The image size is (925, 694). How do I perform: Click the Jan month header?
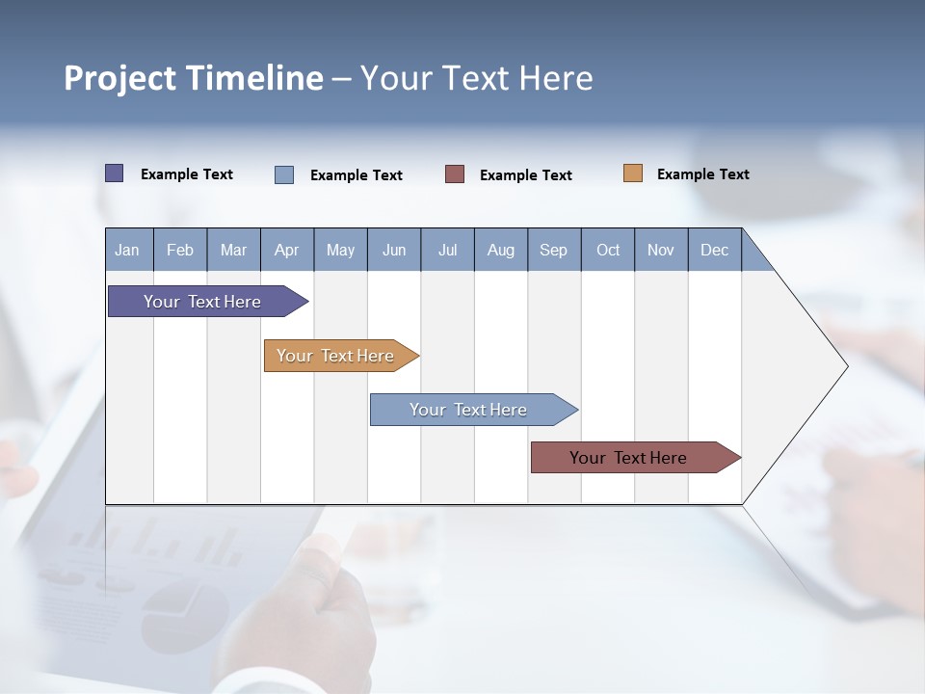coord(128,250)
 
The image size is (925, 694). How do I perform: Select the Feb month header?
coord(180,250)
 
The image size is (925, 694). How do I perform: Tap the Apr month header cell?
coord(287,250)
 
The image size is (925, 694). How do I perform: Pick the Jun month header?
coord(394,250)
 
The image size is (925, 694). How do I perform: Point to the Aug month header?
coord(501,250)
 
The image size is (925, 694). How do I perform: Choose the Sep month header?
coord(554,250)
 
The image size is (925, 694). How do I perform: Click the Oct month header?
coord(608,250)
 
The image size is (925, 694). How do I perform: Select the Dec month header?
coord(715,250)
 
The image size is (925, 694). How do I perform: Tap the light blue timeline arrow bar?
coord(469,410)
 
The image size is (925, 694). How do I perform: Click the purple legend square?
coord(115,173)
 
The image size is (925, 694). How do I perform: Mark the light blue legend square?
coord(284,174)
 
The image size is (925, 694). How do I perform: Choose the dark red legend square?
coord(455,174)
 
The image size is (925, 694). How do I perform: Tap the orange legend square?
coord(633,173)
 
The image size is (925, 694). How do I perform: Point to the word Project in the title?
coord(119,78)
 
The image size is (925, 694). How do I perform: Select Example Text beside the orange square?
coord(702,174)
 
